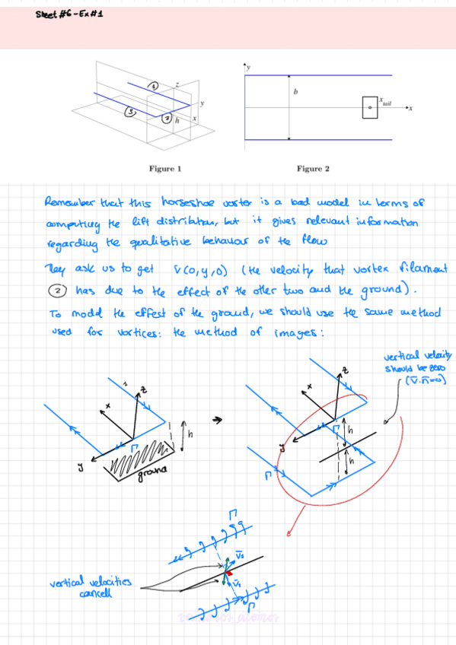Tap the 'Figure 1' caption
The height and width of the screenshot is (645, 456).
165,168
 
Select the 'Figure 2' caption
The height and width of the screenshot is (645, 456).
313,168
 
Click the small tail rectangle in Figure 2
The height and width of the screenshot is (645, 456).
370,108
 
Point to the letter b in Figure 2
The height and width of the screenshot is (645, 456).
295,93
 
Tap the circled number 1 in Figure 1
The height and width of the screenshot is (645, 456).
152,86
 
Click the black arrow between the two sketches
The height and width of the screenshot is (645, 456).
217,418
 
